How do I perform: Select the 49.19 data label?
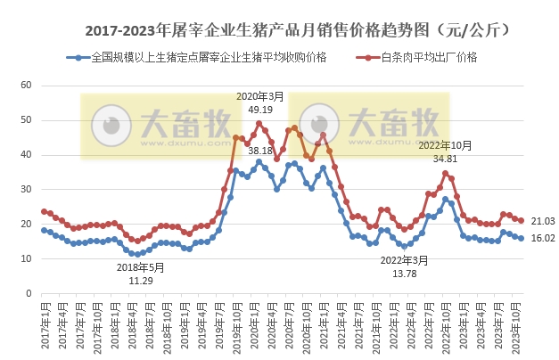(260, 110)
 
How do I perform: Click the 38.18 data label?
(260, 151)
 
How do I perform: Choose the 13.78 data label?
(405, 274)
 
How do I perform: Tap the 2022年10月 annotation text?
(444, 144)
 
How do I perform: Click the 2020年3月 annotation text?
(260, 96)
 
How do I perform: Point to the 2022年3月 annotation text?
(405, 260)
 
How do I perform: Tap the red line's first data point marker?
(44, 211)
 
